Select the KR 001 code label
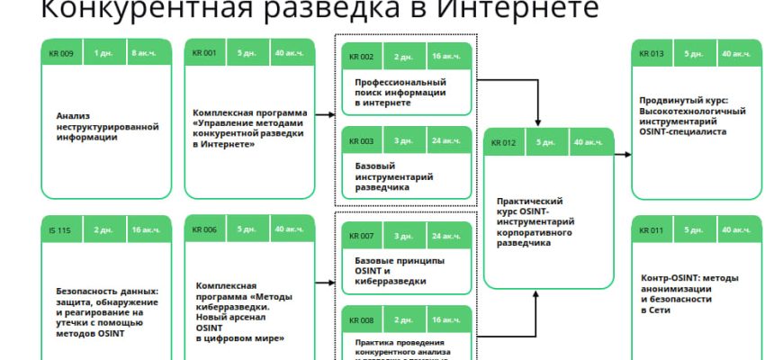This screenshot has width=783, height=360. click(204, 53)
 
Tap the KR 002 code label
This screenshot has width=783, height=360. click(361, 57)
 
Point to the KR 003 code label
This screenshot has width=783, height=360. click(361, 141)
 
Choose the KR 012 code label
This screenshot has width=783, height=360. click(503, 142)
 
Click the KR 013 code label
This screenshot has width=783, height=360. click(652, 53)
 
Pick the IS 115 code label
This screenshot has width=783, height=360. click(60, 229)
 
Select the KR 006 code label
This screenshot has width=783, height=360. click(204, 229)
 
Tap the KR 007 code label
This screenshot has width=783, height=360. click(361, 235)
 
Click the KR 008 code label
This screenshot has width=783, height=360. click(361, 319)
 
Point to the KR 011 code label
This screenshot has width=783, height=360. click(652, 229)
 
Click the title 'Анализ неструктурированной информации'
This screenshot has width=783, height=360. click(107, 127)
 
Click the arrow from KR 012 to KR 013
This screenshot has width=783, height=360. click(623, 156)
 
